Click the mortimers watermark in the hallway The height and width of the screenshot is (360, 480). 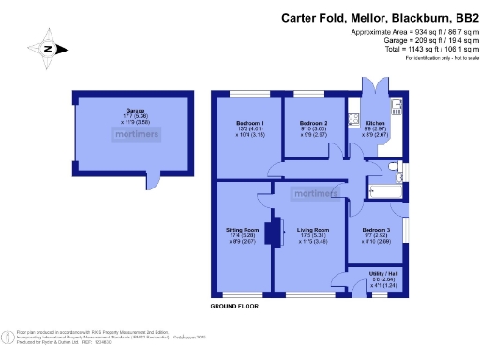point(312,194)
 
